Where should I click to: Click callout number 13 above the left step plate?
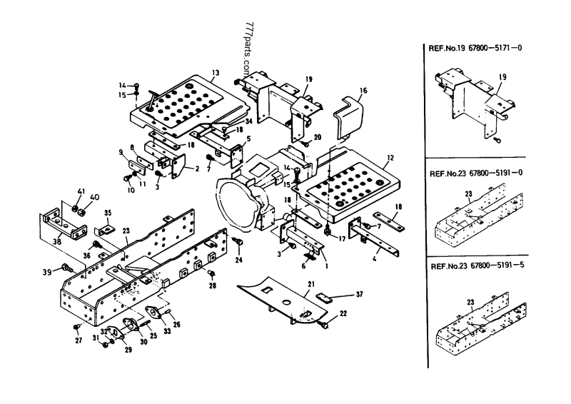(x=215, y=72)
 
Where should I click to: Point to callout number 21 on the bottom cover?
(x=310, y=284)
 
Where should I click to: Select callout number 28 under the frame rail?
(x=212, y=286)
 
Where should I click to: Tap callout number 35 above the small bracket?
(x=108, y=212)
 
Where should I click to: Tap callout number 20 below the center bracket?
(x=318, y=137)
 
